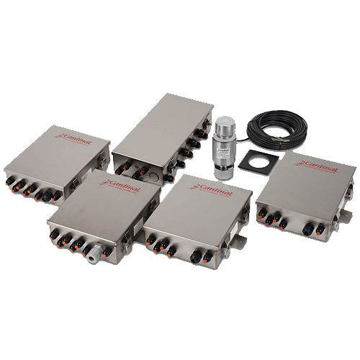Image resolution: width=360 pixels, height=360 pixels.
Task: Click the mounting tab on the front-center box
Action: click(x=243, y=237)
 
